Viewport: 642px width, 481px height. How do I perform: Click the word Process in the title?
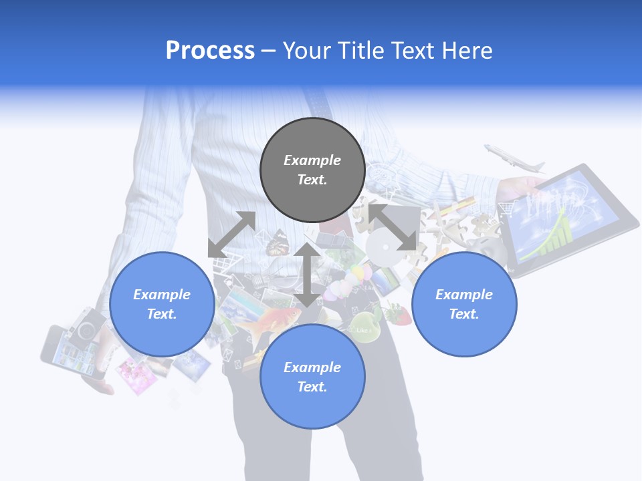(210, 51)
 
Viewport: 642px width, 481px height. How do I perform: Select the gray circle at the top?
(312, 170)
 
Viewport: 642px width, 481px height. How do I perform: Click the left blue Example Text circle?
(162, 304)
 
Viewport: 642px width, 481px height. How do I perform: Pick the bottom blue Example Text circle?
(312, 377)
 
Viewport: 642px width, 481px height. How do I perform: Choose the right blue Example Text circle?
(464, 304)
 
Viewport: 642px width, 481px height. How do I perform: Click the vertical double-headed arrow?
(307, 275)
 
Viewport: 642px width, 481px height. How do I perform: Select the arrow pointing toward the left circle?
(231, 234)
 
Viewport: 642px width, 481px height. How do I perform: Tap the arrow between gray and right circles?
(393, 227)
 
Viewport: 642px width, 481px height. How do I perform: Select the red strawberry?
(399, 315)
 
